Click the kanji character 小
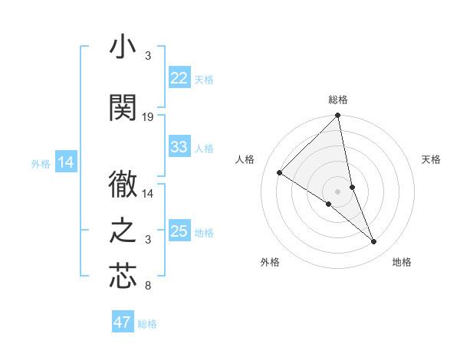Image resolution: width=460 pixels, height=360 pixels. [123, 47]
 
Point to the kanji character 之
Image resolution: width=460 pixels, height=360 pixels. [123, 230]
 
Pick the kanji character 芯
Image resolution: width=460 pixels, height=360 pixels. [123, 276]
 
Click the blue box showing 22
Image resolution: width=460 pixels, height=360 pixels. [179, 78]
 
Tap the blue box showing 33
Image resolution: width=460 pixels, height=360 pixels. [179, 147]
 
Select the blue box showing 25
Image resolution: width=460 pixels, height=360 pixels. [179, 231]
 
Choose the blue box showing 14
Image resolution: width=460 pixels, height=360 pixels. [65, 162]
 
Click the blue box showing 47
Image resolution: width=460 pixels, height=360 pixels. [123, 322]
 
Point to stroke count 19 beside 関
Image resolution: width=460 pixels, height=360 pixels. [148, 117]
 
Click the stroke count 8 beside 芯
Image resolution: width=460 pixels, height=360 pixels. [148, 286]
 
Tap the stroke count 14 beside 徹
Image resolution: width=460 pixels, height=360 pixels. [148, 195]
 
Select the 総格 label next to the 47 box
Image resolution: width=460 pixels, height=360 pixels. [147, 324]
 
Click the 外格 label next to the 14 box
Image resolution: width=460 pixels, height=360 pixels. [40, 163]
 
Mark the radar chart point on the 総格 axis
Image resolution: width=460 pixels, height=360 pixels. [337, 116]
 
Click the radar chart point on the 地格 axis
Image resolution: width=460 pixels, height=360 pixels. [374, 242]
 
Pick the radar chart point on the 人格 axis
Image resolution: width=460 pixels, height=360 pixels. [280, 173]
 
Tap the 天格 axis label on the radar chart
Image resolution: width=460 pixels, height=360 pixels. [432, 159]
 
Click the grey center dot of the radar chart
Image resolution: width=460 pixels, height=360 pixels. [337, 191]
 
